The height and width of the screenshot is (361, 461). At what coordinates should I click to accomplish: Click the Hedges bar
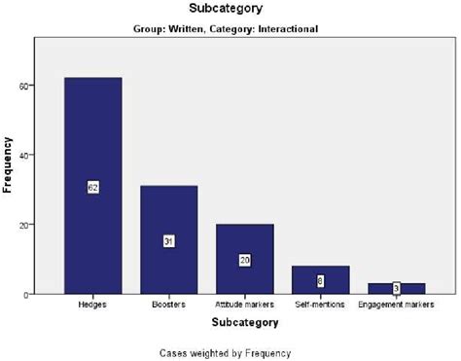[x=93, y=146]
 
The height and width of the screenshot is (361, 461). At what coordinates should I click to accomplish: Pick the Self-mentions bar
[x=320, y=272]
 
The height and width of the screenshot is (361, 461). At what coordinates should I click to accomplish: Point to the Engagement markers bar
[x=396, y=285]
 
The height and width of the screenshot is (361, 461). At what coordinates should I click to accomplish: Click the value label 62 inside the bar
[x=93, y=187]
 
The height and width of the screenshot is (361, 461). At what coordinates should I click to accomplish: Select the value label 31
[x=168, y=240]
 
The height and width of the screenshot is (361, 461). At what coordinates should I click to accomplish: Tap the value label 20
[x=244, y=260]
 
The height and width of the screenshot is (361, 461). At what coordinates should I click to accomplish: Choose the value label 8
[x=320, y=280]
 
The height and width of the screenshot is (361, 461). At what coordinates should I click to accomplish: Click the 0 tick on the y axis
[x=29, y=294]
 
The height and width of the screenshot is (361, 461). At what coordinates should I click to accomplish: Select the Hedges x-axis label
[x=93, y=305]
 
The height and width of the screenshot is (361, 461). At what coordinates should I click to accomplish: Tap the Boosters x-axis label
[x=168, y=305]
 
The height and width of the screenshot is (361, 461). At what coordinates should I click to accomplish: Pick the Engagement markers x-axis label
[x=396, y=305]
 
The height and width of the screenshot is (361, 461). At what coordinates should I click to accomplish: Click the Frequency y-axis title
[x=8, y=165]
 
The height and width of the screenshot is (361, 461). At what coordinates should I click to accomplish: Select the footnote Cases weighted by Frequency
[x=230, y=351]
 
